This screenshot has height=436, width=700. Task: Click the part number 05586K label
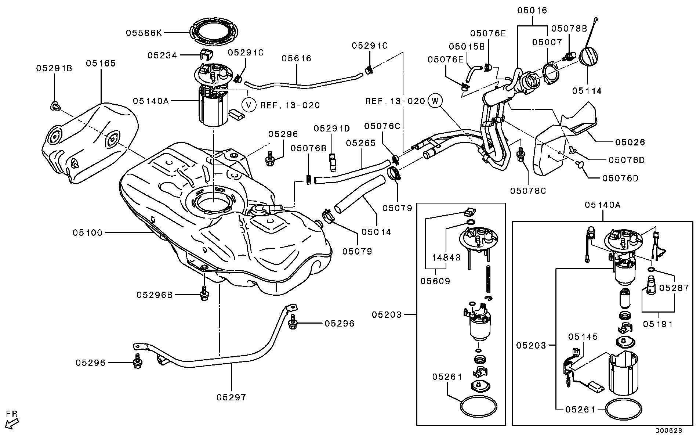point(144,33)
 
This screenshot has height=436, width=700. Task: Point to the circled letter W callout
point(435,100)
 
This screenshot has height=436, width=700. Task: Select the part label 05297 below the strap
point(231,397)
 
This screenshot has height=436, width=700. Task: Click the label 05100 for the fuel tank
point(87,233)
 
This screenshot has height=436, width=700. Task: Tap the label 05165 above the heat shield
point(101,63)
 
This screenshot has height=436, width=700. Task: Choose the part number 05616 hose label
point(297,58)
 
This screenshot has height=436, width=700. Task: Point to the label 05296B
point(155,295)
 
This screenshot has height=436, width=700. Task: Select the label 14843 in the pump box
point(446,257)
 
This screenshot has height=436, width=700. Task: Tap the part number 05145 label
point(583,337)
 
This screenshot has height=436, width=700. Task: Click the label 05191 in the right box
point(658,324)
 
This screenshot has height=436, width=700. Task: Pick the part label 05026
point(630,142)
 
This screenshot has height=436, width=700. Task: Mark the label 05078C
point(528,191)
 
